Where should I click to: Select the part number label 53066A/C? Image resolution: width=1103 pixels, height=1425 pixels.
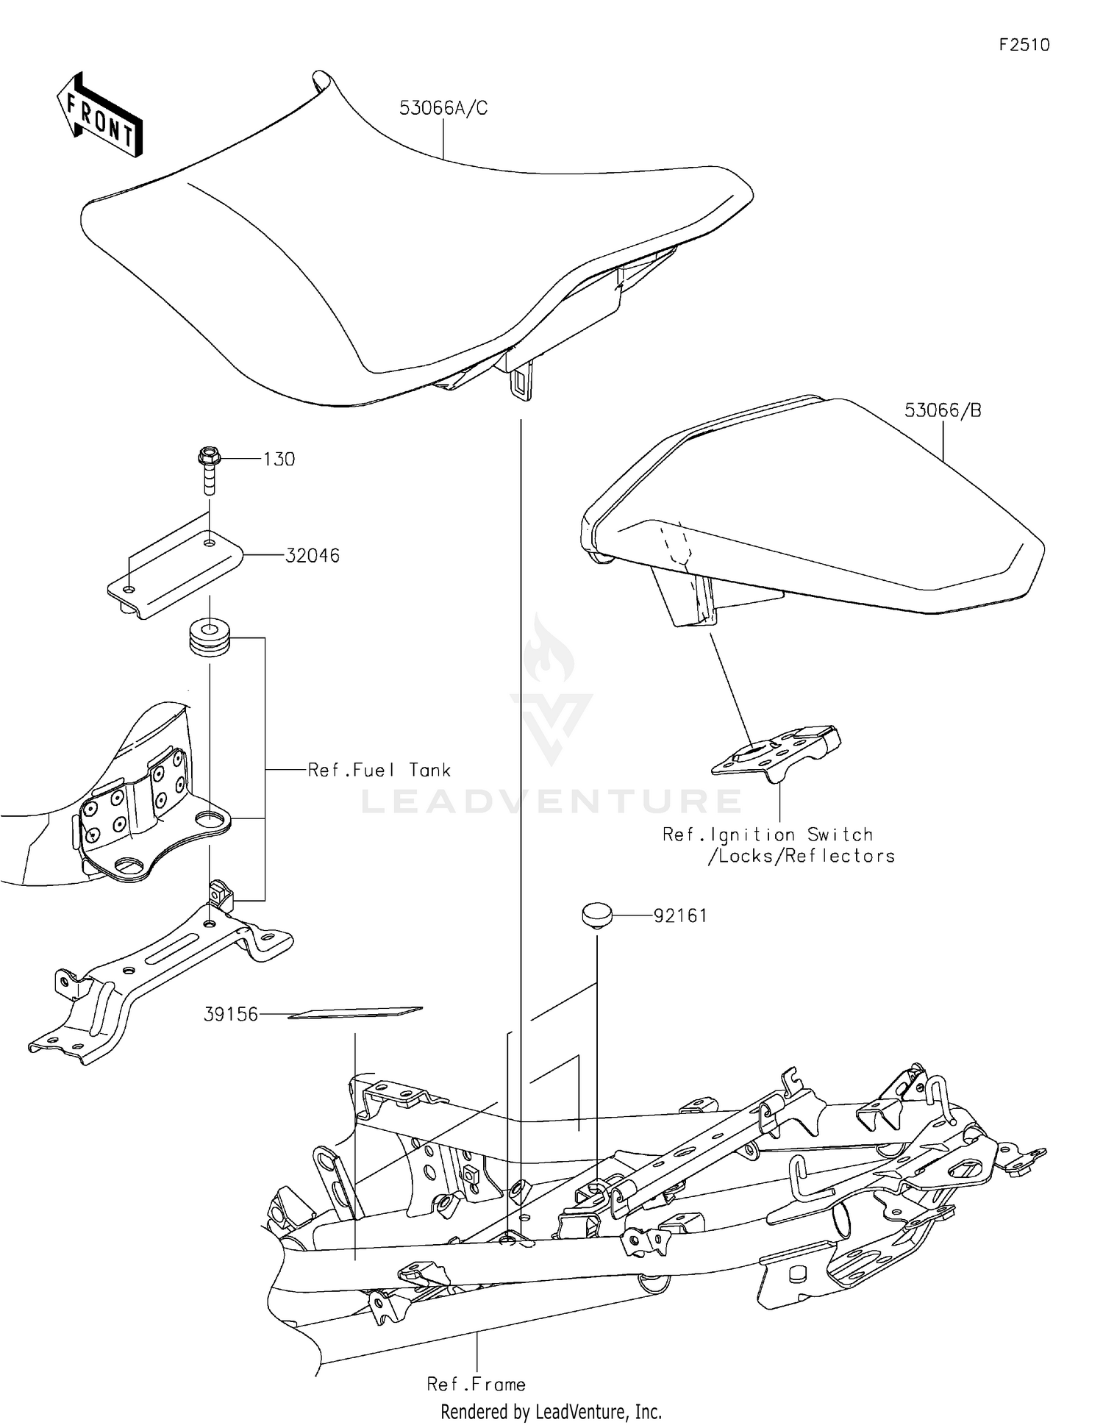tap(443, 108)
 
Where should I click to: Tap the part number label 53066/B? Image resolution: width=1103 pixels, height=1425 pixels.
tap(942, 410)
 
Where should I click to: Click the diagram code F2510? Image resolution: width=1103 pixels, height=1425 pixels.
tap(1024, 45)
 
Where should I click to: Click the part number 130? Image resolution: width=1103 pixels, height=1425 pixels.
tap(279, 460)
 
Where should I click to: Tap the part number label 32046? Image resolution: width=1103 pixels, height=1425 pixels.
tap(313, 556)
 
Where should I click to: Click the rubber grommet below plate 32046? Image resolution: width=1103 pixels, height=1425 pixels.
tap(210, 637)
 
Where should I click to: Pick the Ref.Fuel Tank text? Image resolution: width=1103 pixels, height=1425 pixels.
tap(379, 770)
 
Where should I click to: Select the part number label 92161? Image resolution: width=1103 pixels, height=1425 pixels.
tap(680, 916)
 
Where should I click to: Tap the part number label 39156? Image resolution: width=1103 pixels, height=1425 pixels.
tap(231, 1015)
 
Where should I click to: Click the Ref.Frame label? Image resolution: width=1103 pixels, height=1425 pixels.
tap(476, 1385)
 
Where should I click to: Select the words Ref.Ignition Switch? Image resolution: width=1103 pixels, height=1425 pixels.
tap(767, 835)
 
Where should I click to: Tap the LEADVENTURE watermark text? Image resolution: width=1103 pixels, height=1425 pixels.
tap(551, 801)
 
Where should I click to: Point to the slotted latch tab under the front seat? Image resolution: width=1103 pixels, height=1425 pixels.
tap(520, 382)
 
